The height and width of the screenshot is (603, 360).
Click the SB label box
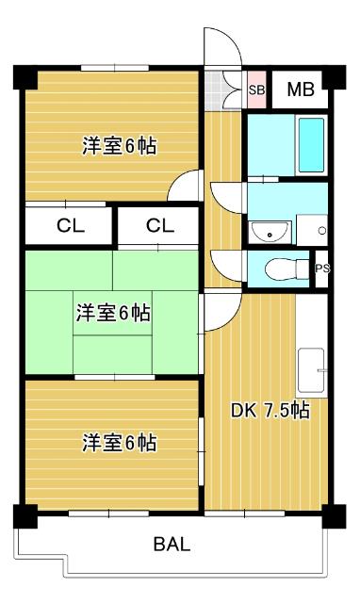pos(256,90)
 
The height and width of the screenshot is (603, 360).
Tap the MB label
pos(300,90)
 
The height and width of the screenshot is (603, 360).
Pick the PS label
pos(322,269)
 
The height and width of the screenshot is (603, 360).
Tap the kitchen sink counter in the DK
pos(311,371)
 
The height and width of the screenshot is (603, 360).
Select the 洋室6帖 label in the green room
pos(113,313)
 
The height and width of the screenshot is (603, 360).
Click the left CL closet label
pos(68,225)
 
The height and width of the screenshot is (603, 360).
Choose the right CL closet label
pos(159,225)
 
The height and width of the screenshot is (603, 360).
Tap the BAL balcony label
pos(173,544)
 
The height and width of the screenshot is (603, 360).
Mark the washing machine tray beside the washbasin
pos(311,229)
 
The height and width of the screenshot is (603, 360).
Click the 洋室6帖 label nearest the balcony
pos(119,442)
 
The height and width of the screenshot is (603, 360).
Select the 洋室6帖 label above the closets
pos(119,146)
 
